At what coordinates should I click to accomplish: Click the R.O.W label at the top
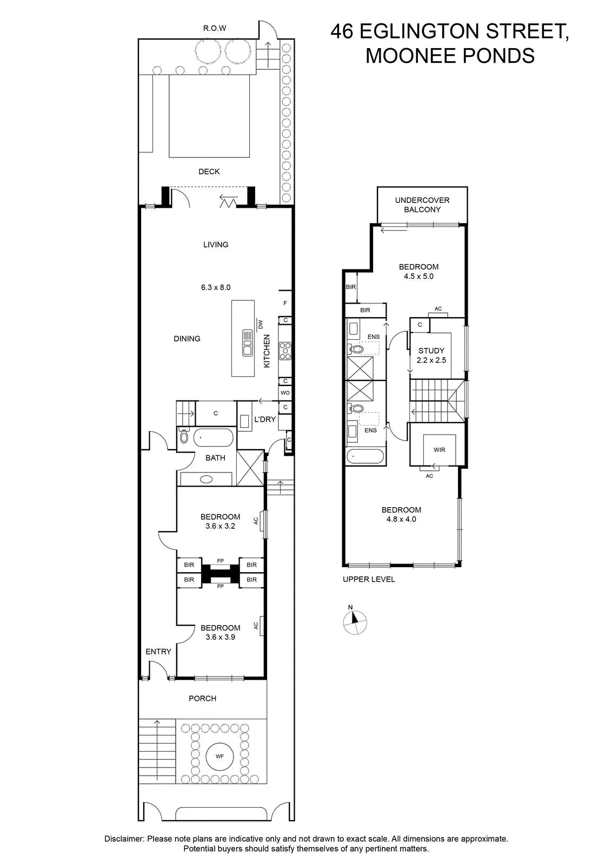(215, 28)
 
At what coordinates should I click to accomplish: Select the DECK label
(209, 172)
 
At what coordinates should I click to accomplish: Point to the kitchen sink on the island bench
(247, 343)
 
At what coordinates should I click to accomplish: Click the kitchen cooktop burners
(285, 351)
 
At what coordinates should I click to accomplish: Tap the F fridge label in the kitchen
(285, 303)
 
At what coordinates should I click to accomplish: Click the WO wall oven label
(285, 393)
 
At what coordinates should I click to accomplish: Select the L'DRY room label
(265, 419)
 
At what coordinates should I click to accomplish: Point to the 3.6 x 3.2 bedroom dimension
(221, 526)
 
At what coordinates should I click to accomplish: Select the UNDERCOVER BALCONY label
(422, 205)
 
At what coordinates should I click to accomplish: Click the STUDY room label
(431, 351)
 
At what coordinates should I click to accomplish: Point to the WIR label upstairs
(440, 450)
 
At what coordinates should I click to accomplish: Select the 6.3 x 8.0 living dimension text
(216, 287)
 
